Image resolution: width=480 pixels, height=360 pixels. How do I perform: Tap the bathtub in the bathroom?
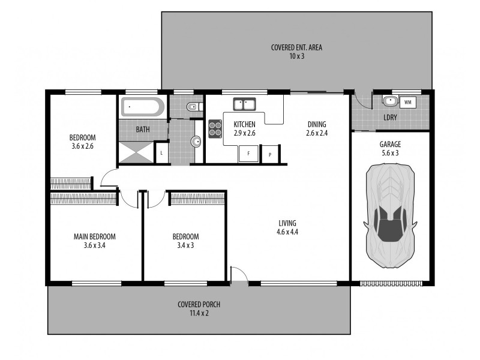[143, 107]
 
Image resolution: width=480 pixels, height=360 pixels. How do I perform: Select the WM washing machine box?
[408, 103]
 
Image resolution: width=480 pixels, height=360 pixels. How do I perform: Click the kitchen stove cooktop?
[215, 129]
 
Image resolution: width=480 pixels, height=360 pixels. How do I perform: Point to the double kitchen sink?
[245, 105]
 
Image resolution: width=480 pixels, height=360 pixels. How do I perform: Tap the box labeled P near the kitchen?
[269, 154]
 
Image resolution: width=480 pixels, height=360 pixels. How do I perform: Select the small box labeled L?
[161, 152]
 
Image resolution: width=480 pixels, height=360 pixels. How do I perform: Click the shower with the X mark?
[136, 152]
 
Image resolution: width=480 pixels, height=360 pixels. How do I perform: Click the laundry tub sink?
[390, 101]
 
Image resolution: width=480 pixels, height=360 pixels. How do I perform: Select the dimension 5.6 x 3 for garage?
[390, 152]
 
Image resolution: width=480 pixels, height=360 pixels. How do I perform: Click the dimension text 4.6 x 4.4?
[287, 232]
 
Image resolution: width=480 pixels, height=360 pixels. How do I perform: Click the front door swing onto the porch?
[239, 275]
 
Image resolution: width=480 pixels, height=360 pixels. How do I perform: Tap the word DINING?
[316, 125]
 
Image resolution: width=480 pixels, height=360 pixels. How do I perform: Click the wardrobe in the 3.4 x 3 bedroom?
[197, 199]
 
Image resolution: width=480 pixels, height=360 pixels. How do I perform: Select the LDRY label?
[390, 118]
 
